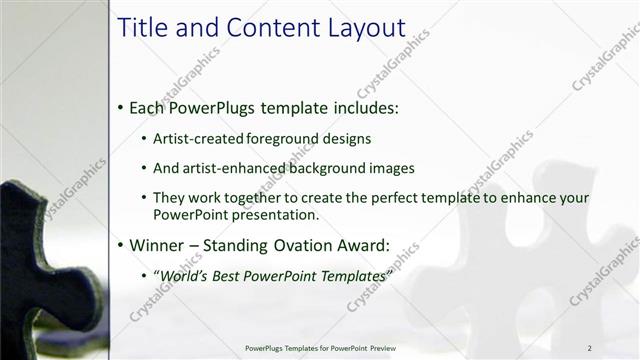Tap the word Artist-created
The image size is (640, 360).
tap(196, 139)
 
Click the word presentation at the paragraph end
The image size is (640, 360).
tap(279, 214)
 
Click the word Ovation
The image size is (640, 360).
tap(301, 244)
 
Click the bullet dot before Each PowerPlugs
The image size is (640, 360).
tap(121, 107)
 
